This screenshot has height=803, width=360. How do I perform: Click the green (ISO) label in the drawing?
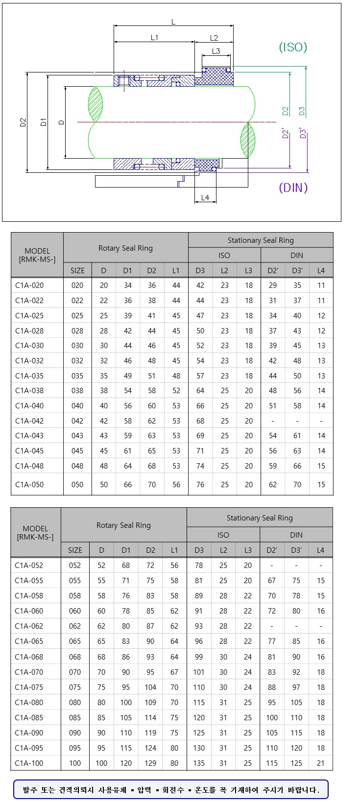(293, 47)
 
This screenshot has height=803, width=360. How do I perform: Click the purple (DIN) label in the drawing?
(293, 188)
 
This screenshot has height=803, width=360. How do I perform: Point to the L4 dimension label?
(205, 197)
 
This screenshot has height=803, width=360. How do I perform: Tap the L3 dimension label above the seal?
(216, 51)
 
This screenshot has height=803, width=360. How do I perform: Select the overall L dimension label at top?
(173, 22)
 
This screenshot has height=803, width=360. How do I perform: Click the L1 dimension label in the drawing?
(154, 38)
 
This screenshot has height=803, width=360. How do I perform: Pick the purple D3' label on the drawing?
(303, 133)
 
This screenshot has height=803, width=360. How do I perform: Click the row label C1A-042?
(29, 421)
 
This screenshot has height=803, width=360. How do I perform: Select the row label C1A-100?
(29, 763)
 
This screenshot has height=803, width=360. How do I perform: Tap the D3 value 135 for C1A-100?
(199, 763)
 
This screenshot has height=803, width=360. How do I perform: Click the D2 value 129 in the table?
(150, 763)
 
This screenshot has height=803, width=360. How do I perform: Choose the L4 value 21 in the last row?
(321, 763)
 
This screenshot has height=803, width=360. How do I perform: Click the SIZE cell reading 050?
(77, 485)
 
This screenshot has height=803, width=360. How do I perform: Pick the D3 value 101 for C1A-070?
(199, 672)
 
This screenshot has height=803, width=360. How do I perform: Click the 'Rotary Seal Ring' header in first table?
(125, 248)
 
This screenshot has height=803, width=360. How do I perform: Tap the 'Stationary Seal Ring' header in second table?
(260, 518)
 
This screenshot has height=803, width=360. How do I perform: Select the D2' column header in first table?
(273, 270)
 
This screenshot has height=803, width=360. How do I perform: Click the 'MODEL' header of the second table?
(35, 529)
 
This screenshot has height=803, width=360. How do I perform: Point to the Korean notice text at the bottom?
(171, 790)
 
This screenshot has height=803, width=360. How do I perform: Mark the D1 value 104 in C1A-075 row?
(150, 687)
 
